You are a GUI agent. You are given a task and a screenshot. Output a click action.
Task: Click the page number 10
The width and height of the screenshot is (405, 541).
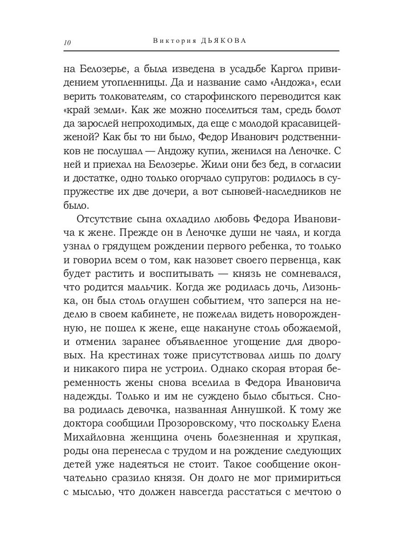67,43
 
